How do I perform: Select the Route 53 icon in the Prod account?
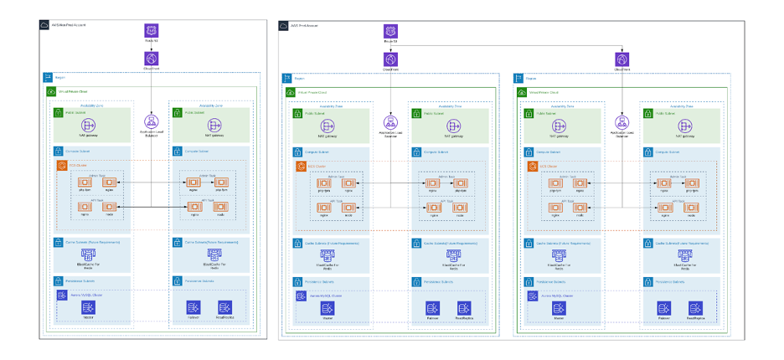390,31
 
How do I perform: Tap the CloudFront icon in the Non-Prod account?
152,59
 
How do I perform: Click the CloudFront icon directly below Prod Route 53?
390,59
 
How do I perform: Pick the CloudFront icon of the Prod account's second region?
622,59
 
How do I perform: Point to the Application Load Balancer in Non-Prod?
152,121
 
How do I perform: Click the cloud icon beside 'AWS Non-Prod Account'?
44,25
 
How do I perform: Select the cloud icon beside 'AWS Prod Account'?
284,25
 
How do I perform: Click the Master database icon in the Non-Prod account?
88,308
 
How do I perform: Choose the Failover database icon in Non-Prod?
193,308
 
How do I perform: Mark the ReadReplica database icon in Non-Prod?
224,308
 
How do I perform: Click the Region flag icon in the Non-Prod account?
48,77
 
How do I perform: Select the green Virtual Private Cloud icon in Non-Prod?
51,91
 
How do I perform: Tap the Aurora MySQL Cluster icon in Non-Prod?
61,295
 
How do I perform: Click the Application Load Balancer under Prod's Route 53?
390,122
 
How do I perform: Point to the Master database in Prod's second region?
557,308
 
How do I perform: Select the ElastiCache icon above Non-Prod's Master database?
88,252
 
